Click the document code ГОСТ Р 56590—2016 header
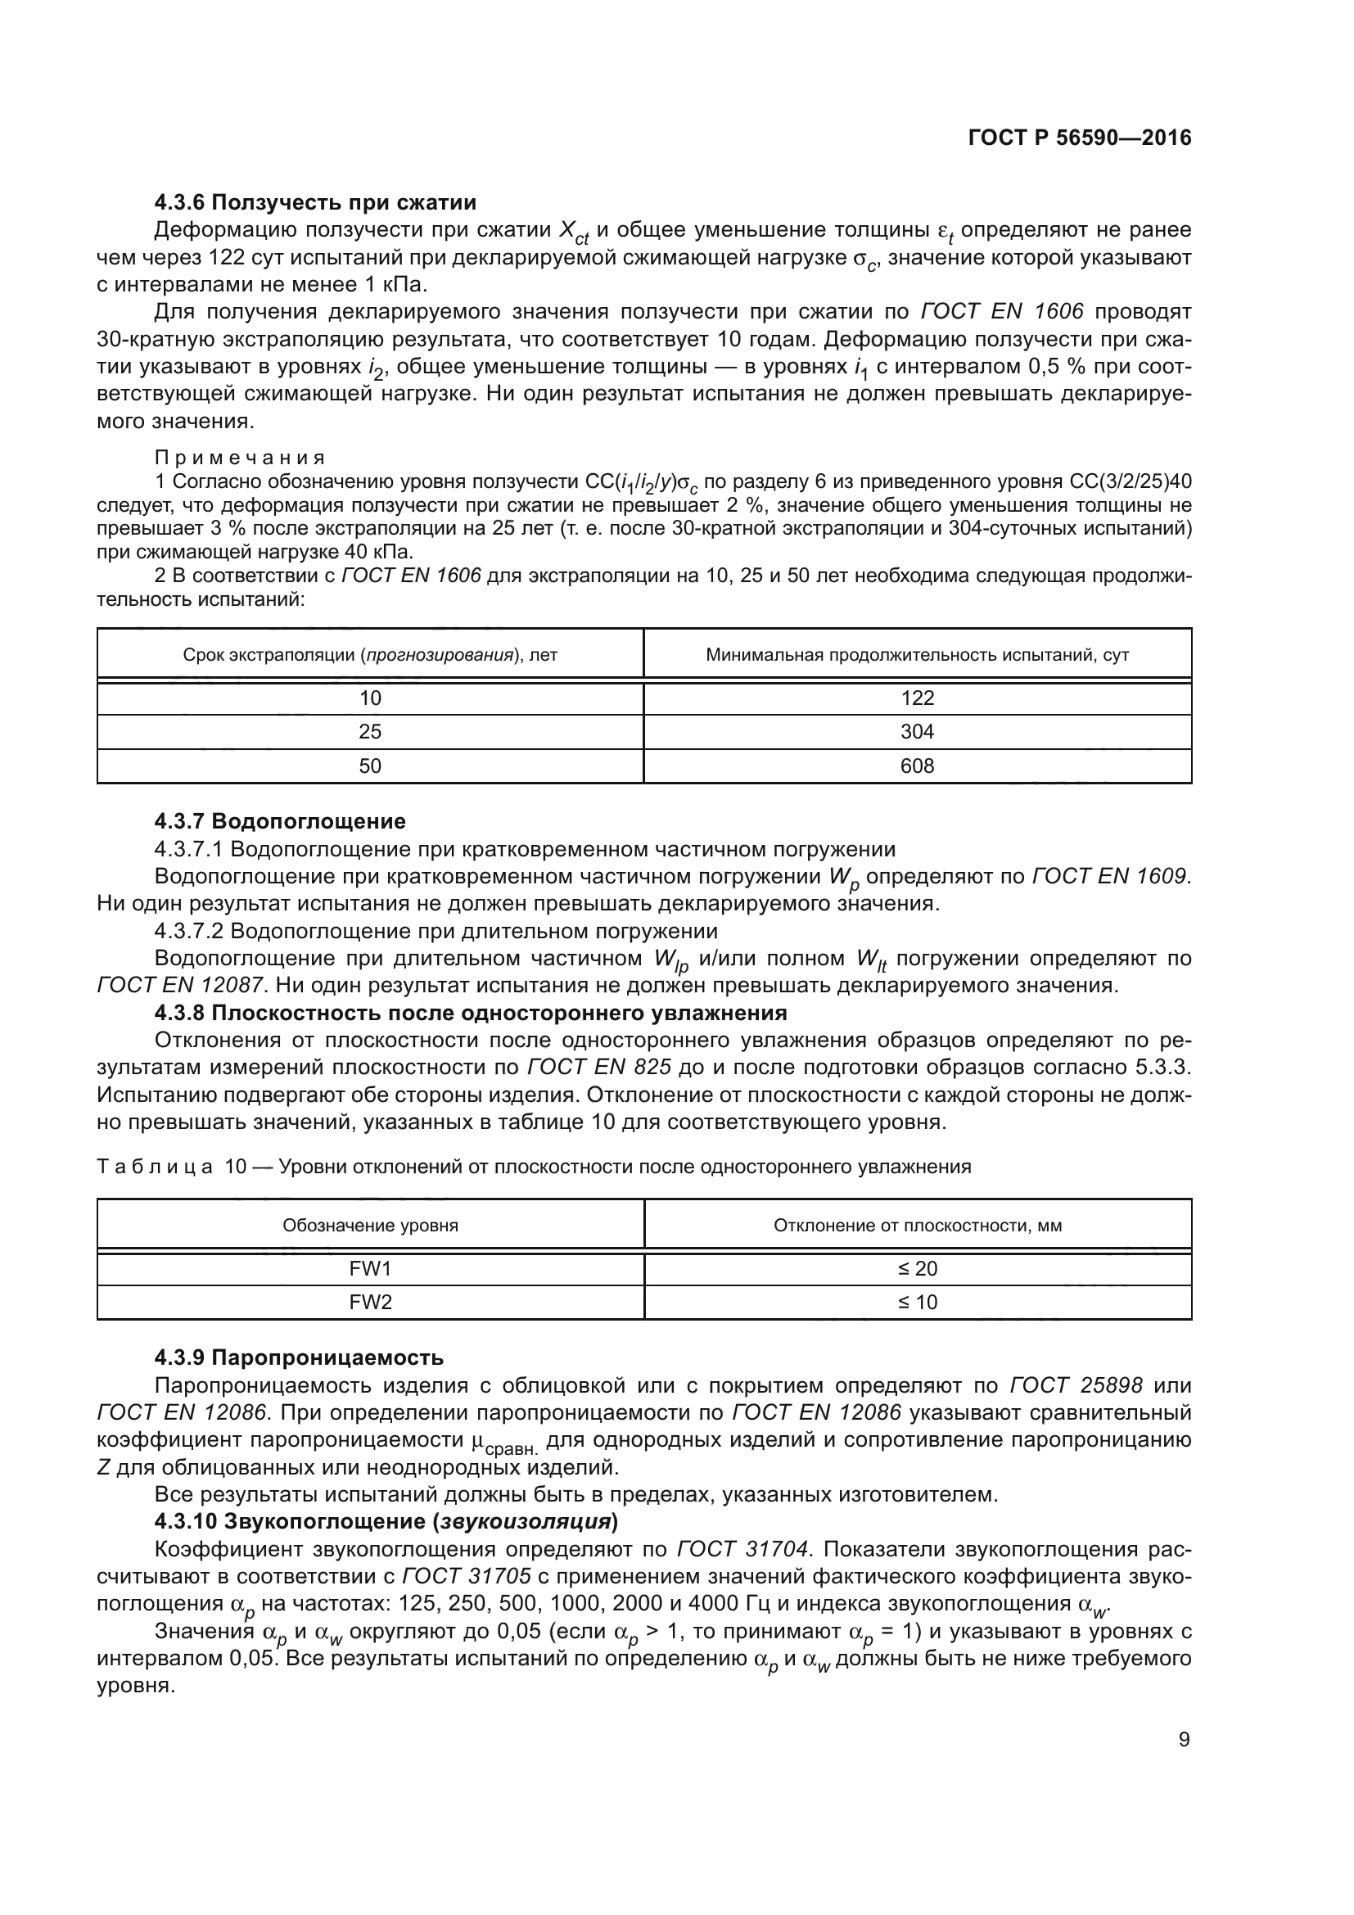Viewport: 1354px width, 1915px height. (x=1080, y=138)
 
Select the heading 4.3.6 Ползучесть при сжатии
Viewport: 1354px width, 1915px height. (x=315, y=203)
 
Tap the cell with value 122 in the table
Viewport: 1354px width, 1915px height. (x=917, y=698)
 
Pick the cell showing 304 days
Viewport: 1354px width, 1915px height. (x=917, y=731)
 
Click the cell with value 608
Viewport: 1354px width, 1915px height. (x=917, y=766)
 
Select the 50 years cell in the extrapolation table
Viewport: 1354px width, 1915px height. (x=370, y=766)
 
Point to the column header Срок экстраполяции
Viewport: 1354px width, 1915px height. (x=370, y=655)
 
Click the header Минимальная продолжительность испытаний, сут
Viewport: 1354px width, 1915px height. (x=917, y=655)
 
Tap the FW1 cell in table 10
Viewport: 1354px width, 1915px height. (x=370, y=1268)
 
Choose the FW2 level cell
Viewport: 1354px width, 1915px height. (x=370, y=1302)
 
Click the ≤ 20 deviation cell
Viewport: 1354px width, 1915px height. (x=917, y=1268)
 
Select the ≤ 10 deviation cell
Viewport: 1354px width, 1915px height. (x=917, y=1302)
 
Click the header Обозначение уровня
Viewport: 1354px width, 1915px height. (x=370, y=1226)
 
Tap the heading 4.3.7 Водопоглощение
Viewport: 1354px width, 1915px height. (x=280, y=821)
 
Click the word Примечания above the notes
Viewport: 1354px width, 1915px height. (x=240, y=458)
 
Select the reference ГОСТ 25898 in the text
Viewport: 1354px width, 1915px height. (x=1076, y=1385)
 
